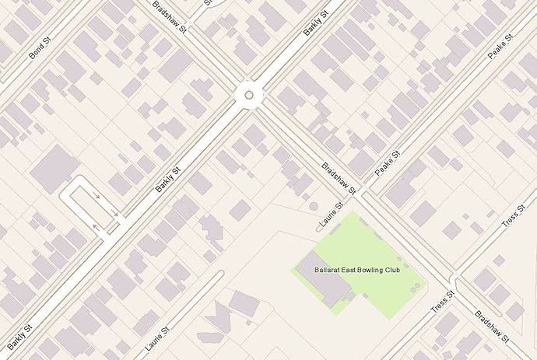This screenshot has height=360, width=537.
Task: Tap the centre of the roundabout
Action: point(248,95)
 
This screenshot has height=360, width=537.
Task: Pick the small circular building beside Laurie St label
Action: point(314,207)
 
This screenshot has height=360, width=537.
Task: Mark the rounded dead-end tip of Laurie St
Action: point(221,274)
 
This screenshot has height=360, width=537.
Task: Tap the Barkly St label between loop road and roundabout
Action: point(168,180)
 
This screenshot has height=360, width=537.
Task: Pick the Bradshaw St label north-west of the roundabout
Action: point(170,18)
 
